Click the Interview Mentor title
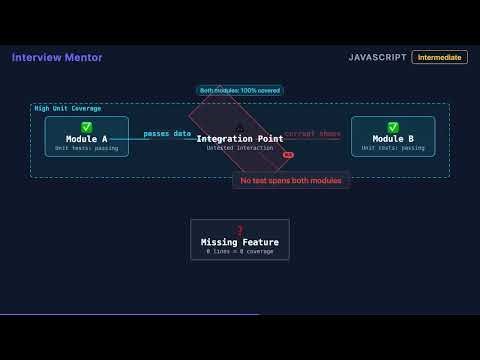57,58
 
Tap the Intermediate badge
439,58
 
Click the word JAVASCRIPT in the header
376,58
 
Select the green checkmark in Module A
87,127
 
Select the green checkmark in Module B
393,127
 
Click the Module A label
87,139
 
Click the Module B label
393,139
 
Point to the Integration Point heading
239,139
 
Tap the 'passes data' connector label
167,133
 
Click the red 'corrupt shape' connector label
312,133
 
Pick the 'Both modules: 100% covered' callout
240,90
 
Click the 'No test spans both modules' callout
291,180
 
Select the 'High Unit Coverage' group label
68,108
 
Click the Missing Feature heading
240,242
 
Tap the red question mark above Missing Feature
240,231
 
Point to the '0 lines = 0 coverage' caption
240,251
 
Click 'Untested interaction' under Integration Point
239,148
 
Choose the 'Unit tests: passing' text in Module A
87,148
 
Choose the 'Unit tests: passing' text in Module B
393,148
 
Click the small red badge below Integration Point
288,155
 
